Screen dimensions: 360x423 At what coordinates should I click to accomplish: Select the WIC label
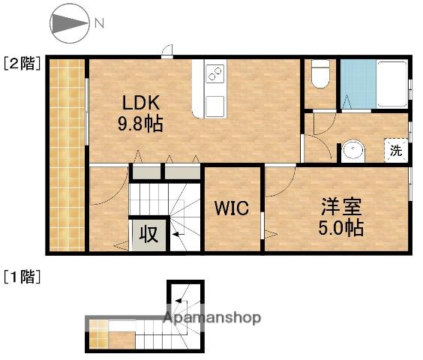coord(232,207)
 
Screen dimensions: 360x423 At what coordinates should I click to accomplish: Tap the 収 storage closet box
coord(148,235)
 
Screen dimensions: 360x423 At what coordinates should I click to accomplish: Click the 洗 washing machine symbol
coord(396,149)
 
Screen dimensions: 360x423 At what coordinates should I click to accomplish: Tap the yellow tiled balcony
coord(67,154)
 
